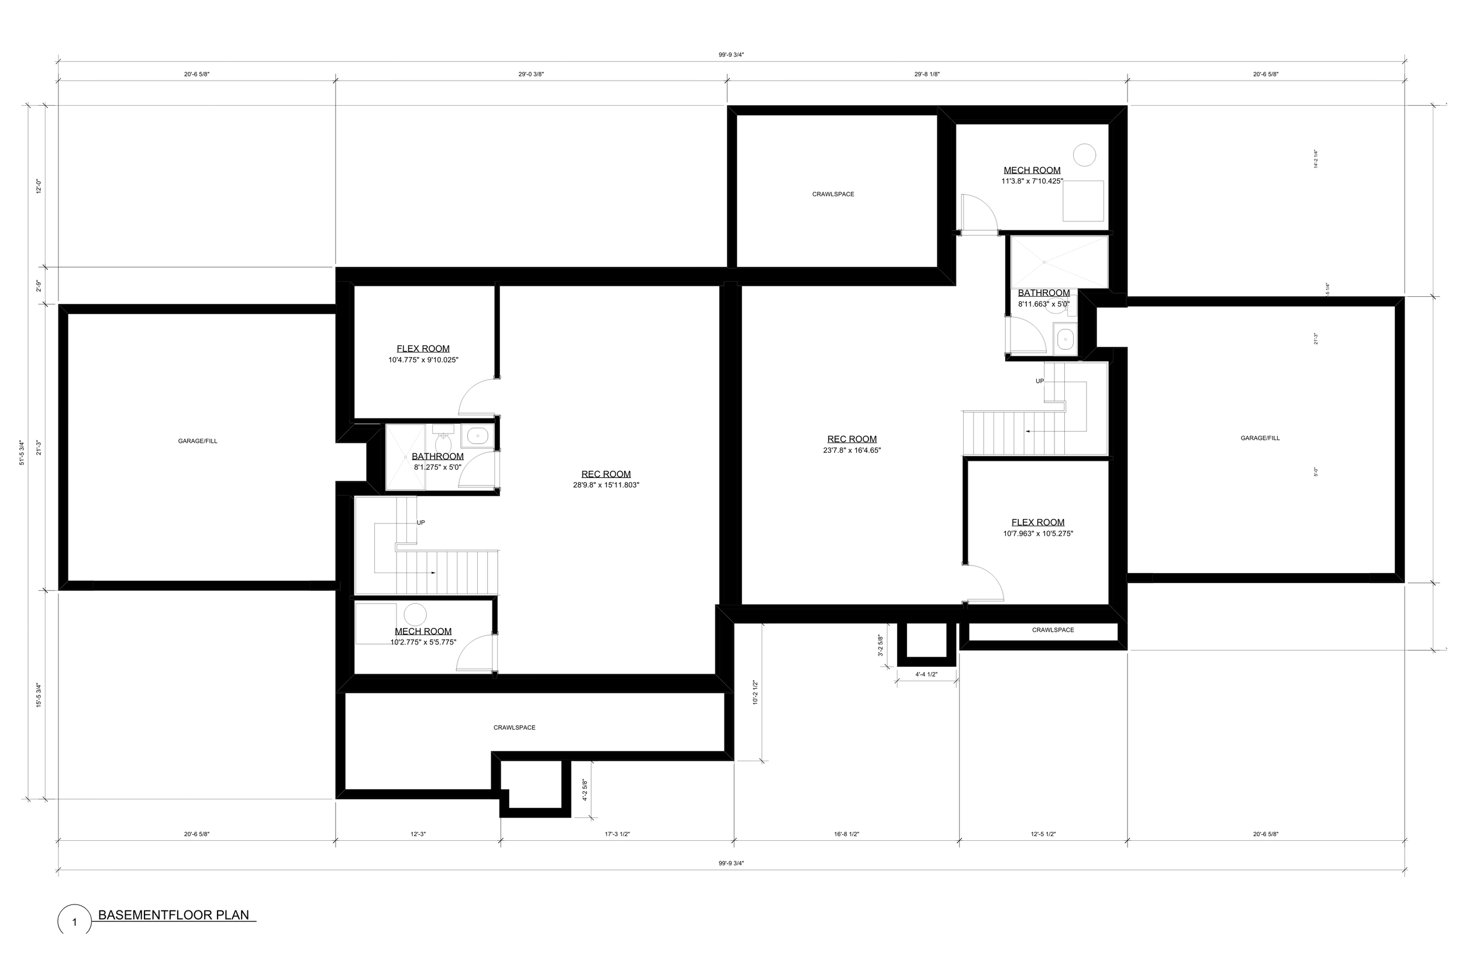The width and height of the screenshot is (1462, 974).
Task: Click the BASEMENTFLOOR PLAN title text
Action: (174, 915)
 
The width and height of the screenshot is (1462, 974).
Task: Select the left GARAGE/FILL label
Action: (198, 441)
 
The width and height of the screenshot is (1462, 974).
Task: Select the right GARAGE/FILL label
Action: (1260, 438)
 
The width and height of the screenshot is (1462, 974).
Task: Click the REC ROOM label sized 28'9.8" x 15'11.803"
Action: (606, 474)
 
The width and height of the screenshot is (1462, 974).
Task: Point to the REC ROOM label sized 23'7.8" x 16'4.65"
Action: (851, 439)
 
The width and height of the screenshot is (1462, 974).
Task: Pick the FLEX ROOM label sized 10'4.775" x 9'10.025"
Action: (423, 349)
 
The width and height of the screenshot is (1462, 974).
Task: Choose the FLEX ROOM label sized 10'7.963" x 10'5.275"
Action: (1037, 523)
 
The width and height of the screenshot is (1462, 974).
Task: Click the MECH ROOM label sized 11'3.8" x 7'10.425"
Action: (1032, 170)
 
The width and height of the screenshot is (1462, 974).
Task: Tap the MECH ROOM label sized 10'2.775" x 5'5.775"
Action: (423, 632)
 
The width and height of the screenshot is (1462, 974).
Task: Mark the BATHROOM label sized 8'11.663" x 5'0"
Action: (1044, 293)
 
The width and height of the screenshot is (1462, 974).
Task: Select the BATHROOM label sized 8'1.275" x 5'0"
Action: (437, 456)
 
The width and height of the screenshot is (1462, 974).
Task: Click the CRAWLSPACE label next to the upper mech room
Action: (833, 195)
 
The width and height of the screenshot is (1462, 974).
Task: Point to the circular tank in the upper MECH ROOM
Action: (1085, 155)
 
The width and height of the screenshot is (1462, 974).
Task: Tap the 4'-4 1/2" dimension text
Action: (926, 675)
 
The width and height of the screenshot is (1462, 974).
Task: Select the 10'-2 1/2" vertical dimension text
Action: (755, 692)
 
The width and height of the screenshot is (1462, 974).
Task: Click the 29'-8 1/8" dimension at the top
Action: (927, 75)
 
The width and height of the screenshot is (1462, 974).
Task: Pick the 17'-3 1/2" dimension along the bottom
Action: (617, 834)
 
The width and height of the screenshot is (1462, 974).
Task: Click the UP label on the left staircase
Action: (421, 522)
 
